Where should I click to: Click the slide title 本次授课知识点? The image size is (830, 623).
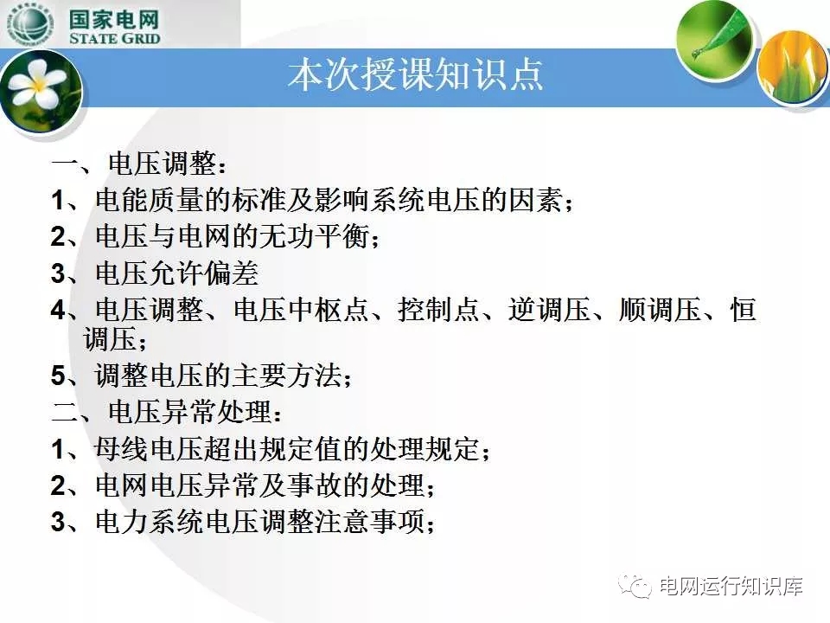tap(416, 74)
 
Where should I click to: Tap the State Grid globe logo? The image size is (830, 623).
tap(31, 23)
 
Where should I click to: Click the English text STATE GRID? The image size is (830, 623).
tap(114, 38)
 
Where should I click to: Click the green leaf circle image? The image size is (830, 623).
tap(715, 39)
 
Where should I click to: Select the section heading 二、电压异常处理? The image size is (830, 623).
tap(166, 412)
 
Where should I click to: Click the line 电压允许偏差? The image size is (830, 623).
tap(177, 273)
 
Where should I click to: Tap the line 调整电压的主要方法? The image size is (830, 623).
tap(223, 376)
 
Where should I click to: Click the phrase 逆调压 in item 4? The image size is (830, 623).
tap(549, 310)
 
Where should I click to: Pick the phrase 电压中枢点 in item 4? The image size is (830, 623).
tap(301, 310)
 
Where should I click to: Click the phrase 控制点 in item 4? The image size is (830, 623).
tap(439, 310)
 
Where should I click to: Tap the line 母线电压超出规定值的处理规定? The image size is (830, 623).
tap(292, 449)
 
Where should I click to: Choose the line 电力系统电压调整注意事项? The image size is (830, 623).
tap(265, 522)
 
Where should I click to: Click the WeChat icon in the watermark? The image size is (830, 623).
tap(637, 586)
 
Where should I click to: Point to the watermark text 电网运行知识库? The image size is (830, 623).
tap(731, 587)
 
